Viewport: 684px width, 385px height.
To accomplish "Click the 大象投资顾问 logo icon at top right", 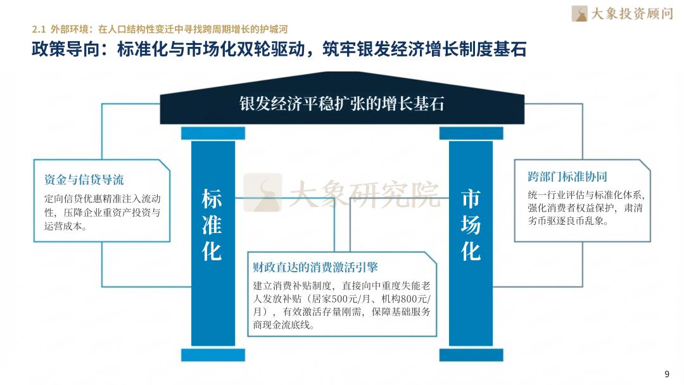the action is coord(579,13).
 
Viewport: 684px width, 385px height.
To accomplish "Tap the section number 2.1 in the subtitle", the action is coord(39,29).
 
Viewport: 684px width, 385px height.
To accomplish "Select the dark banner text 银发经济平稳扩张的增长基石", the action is coord(341,104).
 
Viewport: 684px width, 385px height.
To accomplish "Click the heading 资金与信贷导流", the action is coord(84,179).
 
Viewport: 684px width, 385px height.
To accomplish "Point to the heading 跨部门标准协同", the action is coord(567,177).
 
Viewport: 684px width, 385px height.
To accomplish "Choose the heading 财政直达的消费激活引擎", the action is coord(315,267).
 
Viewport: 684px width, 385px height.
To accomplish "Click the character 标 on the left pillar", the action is coord(212,199).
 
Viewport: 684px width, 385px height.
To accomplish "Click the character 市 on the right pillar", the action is coord(471,199).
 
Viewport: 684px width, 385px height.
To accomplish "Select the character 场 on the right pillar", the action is coord(471,225).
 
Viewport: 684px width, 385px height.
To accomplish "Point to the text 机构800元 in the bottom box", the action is coord(405,298).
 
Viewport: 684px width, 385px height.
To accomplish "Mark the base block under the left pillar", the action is coord(213,355).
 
